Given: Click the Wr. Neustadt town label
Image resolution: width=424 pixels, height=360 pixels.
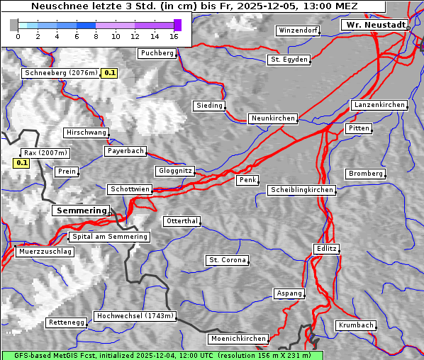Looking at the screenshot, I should pos(374,25).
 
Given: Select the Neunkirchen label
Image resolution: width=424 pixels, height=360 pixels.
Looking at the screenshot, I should pos(272,118).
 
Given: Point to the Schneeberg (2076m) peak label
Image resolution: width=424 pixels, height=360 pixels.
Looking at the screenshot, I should pos(60,73).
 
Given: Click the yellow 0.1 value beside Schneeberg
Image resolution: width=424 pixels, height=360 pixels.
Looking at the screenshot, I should pos(110,73).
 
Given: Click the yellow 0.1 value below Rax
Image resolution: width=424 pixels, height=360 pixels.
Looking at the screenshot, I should pos(22,163).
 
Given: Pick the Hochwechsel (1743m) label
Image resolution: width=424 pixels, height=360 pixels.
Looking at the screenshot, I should pos(135,316).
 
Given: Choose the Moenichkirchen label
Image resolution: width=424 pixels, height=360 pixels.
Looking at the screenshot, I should pos(239,339).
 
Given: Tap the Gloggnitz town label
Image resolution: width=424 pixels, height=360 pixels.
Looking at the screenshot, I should pos(174,171).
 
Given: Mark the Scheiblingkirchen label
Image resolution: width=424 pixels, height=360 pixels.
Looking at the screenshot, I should pos(301,190).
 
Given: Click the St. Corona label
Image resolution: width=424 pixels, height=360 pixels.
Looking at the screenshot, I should pos(228,260).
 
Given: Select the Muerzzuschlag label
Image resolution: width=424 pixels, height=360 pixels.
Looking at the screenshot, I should pos(44,252).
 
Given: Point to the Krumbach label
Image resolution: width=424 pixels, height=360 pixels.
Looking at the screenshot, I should pos(355,325).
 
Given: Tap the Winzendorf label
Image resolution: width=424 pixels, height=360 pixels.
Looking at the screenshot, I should pos(298,30).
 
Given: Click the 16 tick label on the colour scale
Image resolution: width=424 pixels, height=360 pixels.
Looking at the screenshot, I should pos(174,36).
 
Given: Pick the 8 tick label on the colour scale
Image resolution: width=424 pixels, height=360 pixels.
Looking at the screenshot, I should pos(96,36).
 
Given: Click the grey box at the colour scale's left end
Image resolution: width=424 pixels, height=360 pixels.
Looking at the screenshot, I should pos(14,25).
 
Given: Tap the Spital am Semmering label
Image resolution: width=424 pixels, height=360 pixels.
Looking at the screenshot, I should pos(109,237).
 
